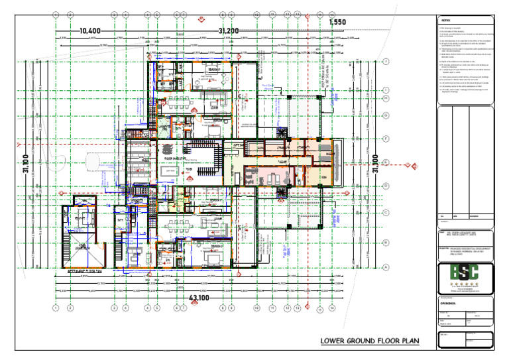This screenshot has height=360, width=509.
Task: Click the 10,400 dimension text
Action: (x=89, y=30)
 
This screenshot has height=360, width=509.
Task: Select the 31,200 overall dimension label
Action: (x=229, y=30)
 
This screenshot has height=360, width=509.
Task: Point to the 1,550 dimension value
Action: (x=337, y=23)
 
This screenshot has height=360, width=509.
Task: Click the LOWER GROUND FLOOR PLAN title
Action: (x=370, y=341)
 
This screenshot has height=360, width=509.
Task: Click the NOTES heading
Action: (x=445, y=21)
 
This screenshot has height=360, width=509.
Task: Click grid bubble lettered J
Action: (x=386, y=62)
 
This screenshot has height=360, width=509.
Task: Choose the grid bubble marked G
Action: (x=386, y=113)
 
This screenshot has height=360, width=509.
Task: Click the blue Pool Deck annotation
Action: (x=268, y=85)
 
